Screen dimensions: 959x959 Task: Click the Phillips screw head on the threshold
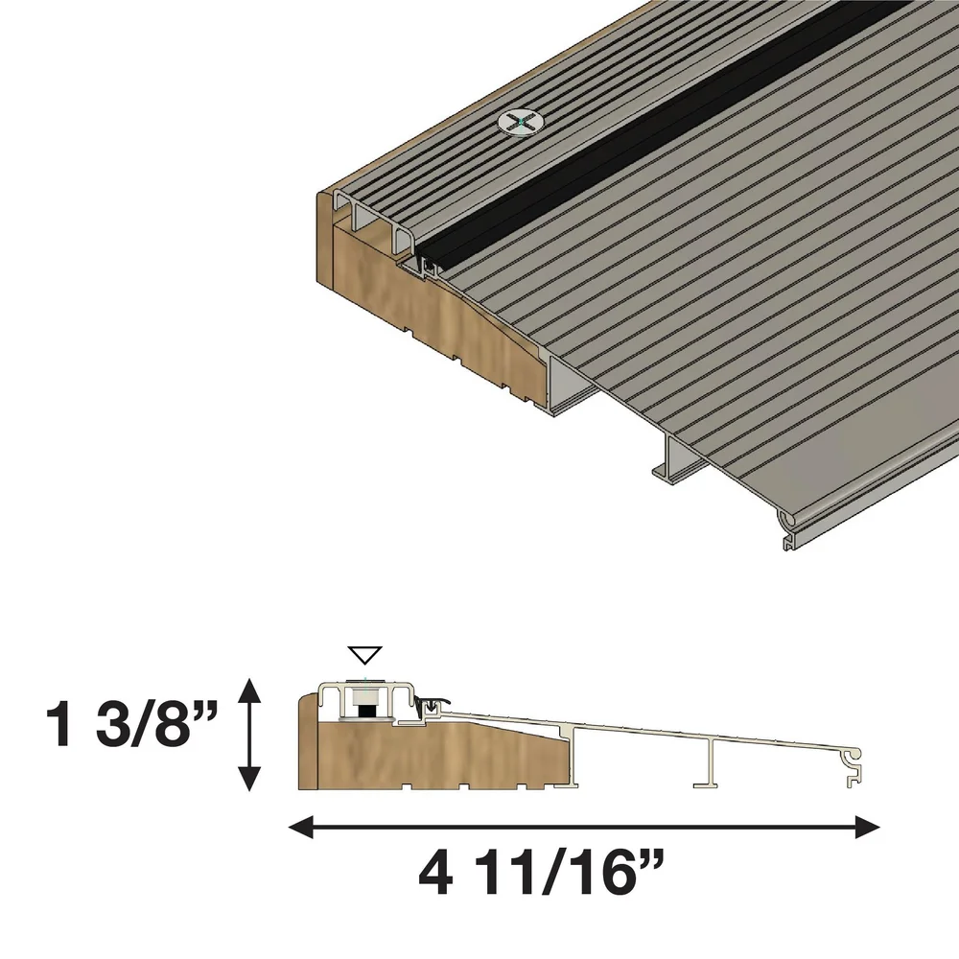tap(519, 123)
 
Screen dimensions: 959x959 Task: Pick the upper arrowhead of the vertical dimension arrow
tap(249, 685)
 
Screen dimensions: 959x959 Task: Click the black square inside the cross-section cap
tap(364, 711)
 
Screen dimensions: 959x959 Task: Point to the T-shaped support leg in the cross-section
tap(711, 767)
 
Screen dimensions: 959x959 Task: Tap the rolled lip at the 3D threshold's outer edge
tap(790, 524)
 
